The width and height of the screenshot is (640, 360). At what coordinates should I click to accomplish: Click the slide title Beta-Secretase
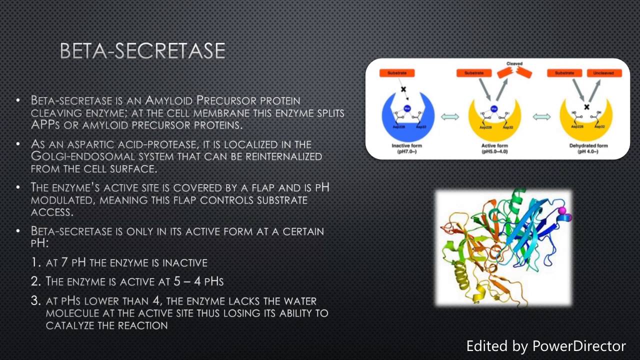(x=142, y=51)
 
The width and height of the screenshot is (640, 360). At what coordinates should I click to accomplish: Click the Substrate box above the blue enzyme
(x=397, y=73)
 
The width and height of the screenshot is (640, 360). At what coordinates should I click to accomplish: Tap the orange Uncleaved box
(x=604, y=73)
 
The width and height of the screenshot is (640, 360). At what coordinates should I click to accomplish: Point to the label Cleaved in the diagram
(x=514, y=64)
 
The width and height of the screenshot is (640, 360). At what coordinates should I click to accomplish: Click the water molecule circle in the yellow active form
(x=493, y=108)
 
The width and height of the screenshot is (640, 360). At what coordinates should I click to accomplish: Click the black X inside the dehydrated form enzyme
(x=587, y=107)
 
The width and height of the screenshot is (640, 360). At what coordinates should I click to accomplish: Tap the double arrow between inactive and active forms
(x=450, y=117)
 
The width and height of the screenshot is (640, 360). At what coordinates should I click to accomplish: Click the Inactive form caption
(x=407, y=145)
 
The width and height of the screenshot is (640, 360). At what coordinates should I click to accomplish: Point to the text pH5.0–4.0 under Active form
(x=494, y=151)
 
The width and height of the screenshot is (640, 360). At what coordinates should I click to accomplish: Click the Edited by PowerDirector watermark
(x=545, y=345)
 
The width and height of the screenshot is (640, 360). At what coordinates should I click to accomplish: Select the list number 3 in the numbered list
(x=35, y=301)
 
